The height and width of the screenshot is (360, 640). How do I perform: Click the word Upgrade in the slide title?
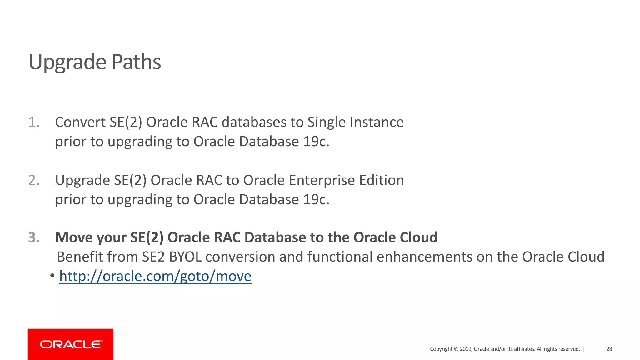[67, 62]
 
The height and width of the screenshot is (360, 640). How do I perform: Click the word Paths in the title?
[136, 62]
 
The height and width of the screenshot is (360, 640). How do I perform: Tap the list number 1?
[33, 122]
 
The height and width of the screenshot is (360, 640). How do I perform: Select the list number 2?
[33, 180]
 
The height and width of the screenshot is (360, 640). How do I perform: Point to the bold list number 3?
[34, 237]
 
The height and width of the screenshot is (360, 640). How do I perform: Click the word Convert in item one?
[80, 122]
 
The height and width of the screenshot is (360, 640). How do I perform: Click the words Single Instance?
[355, 122]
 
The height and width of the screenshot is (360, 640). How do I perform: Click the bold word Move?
[73, 237]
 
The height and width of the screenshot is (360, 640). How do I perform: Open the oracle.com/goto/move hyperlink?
[155, 276]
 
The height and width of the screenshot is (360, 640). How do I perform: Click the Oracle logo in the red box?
[71, 344]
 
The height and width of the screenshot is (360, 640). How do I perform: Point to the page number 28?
[609, 349]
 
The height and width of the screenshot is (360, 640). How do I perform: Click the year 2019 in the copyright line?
[466, 349]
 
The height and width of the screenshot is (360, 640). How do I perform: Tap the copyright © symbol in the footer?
[456, 349]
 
